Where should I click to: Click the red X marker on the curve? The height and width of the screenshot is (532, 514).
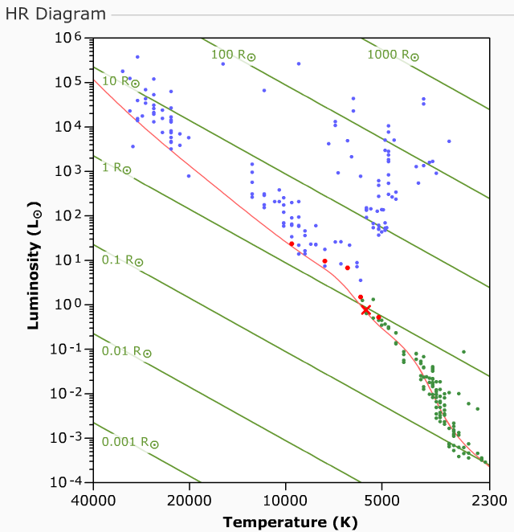(365, 310)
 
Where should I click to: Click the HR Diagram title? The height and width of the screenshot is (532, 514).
(55, 14)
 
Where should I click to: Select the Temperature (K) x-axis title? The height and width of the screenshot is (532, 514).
(290, 522)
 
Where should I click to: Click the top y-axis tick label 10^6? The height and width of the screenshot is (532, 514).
(68, 39)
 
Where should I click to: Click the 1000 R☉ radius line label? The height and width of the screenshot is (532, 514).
(393, 55)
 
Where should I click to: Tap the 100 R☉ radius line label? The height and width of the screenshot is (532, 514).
(233, 55)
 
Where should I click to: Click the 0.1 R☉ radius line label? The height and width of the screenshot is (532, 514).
(122, 260)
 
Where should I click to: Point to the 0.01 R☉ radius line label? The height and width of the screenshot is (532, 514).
(126, 351)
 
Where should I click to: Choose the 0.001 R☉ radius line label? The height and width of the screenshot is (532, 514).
(130, 442)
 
